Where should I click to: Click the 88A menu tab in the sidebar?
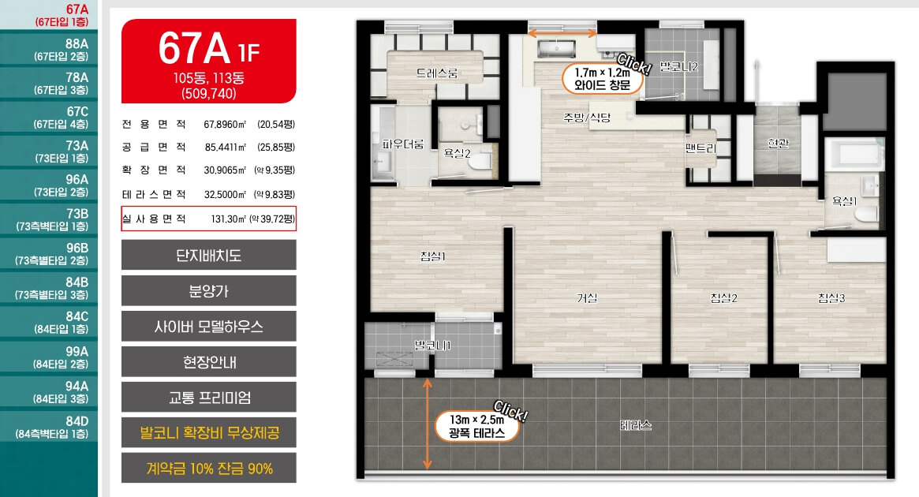pos(49,49)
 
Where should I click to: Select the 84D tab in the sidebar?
pos(49,426)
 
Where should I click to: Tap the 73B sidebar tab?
pos(49,219)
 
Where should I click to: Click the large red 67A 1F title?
pos(209,48)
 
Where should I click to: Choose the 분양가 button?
pos(209,290)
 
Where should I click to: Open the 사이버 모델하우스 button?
pos(209,327)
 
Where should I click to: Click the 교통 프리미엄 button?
pos(209,398)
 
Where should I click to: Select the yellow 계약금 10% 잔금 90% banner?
pos(209,469)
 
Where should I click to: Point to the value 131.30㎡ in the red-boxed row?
pos(229,219)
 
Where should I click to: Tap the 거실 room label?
pos(587,297)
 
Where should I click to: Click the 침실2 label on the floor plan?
pos(723,297)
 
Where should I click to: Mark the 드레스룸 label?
pos(437,73)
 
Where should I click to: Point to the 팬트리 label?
pos(701,148)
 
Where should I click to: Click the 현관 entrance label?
pos(778,143)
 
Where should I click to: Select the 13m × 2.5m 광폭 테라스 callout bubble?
pos(477,426)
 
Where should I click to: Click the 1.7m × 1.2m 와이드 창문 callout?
pos(602,79)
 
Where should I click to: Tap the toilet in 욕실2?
pos(481,161)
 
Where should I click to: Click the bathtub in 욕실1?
pos(854,154)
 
